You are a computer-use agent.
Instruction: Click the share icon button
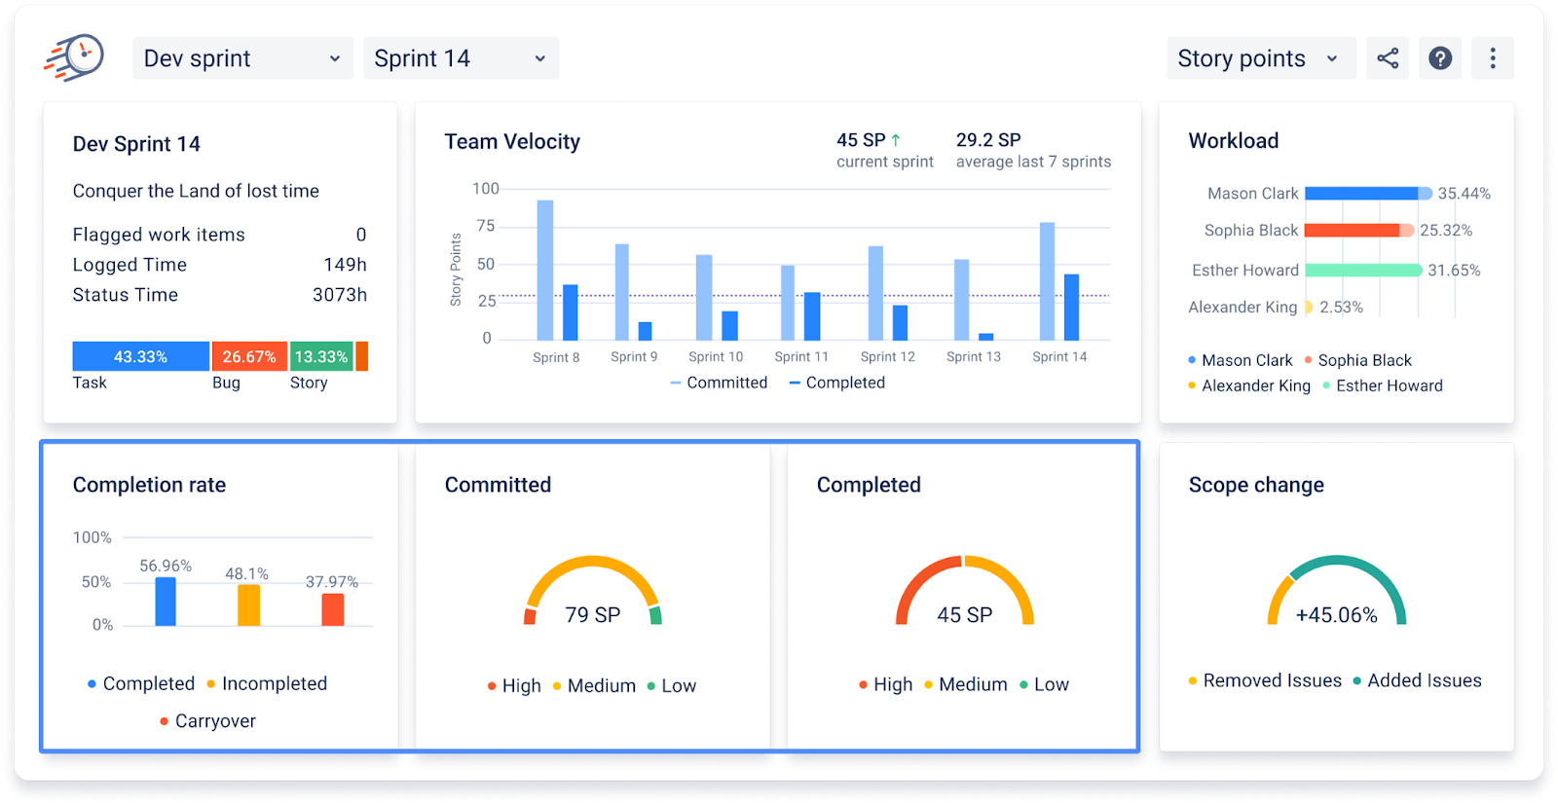coord(1387,58)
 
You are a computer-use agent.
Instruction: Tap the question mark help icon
coord(1440,58)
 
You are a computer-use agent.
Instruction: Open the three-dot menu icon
coord(1493,58)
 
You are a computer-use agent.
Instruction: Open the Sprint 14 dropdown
coord(461,58)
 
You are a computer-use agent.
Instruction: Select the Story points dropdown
coord(1261,58)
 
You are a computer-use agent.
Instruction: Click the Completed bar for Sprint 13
coord(985,337)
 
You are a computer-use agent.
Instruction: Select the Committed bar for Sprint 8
coord(545,271)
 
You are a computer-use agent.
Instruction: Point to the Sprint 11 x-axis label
coord(801,356)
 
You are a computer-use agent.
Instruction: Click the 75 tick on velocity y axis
coord(486,226)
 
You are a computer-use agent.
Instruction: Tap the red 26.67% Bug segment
coord(249,356)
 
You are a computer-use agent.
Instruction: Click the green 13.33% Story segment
coord(321,356)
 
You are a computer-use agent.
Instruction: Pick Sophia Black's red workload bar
coord(1353,230)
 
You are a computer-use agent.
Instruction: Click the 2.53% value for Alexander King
coord(1341,308)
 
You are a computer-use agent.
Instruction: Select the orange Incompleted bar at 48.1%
coord(248,604)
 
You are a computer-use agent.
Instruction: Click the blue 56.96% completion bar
coord(166,602)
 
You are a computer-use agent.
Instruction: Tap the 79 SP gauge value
coord(593,614)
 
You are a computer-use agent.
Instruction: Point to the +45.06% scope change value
coord(1336,615)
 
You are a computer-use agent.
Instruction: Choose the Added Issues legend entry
coord(1417,680)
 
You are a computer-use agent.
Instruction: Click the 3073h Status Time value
coord(340,295)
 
